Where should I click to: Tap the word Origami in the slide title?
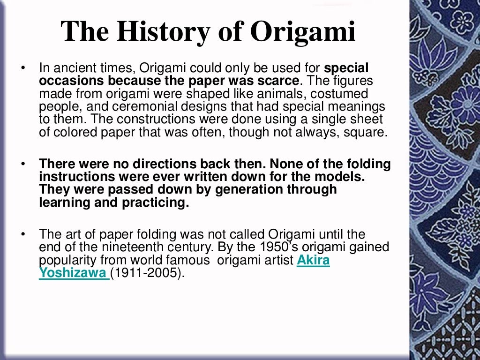(x=302, y=31)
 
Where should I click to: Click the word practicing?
(x=155, y=202)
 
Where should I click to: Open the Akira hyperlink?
(x=313, y=260)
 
